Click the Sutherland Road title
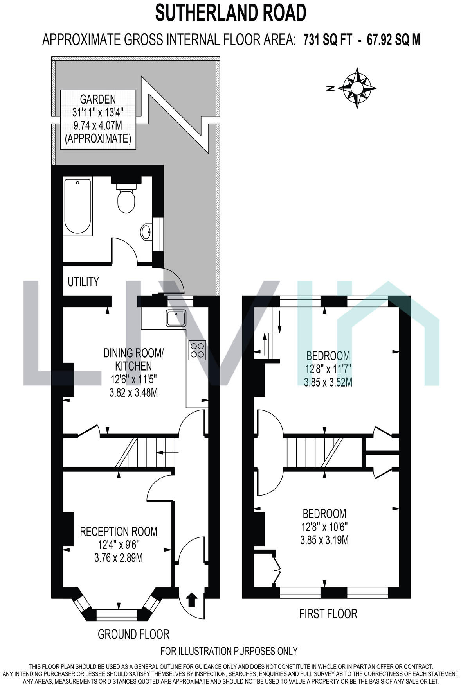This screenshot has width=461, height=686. (x=230, y=13)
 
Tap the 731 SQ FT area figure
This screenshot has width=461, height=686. (x=328, y=39)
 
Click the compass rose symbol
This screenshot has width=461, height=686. (x=357, y=88)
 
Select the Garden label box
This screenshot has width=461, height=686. (x=98, y=119)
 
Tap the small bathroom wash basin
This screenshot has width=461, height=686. (x=146, y=232)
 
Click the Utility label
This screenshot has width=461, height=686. (x=83, y=282)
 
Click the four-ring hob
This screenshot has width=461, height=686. (x=197, y=350)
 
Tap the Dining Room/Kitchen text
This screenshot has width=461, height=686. (x=133, y=360)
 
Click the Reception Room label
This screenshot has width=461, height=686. (x=119, y=532)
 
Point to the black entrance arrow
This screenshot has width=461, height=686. (x=191, y=600)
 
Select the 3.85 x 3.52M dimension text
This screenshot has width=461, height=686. (x=328, y=382)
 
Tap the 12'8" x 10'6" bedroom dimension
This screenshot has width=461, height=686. (x=324, y=527)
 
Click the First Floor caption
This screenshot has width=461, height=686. (x=328, y=614)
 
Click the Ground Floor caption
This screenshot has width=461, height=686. (x=133, y=634)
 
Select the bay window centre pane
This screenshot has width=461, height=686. (x=117, y=615)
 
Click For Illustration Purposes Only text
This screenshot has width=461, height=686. (x=229, y=651)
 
